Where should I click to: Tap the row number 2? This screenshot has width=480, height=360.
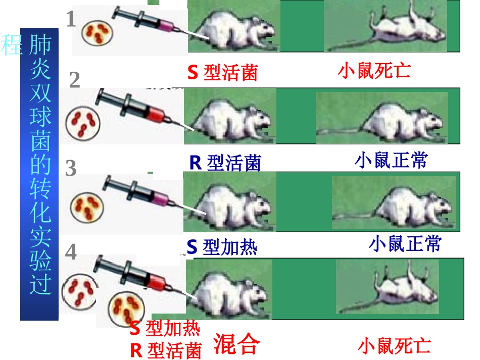75,80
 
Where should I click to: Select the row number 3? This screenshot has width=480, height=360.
71,168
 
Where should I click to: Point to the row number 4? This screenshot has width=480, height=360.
71,252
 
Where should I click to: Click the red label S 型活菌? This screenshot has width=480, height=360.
222,73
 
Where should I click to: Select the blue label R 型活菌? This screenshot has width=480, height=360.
225,163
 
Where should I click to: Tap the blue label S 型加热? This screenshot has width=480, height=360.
222,247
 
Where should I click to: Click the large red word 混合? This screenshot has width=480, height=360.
237,344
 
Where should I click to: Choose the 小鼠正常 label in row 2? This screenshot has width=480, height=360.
391,161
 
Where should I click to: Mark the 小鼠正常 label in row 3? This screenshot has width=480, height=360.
405,244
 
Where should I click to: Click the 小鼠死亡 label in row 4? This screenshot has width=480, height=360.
394,346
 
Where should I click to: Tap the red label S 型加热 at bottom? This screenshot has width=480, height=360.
165,329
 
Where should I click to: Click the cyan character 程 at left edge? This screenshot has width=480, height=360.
11,44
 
